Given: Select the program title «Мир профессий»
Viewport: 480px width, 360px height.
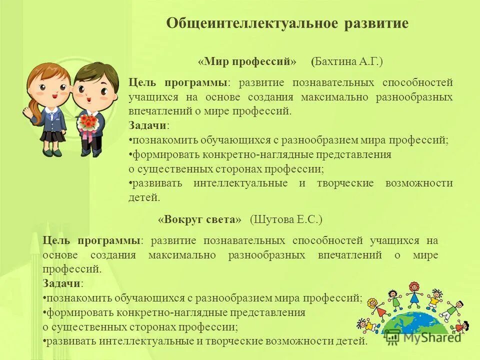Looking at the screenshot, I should coord(247,62).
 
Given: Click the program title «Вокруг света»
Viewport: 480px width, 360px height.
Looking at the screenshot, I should coord(199,219).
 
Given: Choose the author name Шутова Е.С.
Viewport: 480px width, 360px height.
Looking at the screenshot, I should coord(286,219).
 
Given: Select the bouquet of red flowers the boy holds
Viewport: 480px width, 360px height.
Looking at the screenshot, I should coord(89,121).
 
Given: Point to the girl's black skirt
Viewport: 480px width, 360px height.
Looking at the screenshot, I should coord(52,136).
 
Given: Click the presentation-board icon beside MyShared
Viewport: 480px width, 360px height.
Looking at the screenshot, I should coord(393,337).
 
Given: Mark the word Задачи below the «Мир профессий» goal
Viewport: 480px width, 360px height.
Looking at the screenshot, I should coord(148,125).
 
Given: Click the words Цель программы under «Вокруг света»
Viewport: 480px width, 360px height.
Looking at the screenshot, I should coord(91,240).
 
